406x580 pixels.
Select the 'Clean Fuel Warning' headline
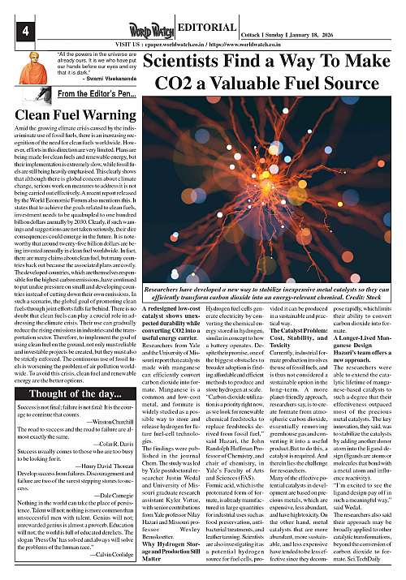63,114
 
